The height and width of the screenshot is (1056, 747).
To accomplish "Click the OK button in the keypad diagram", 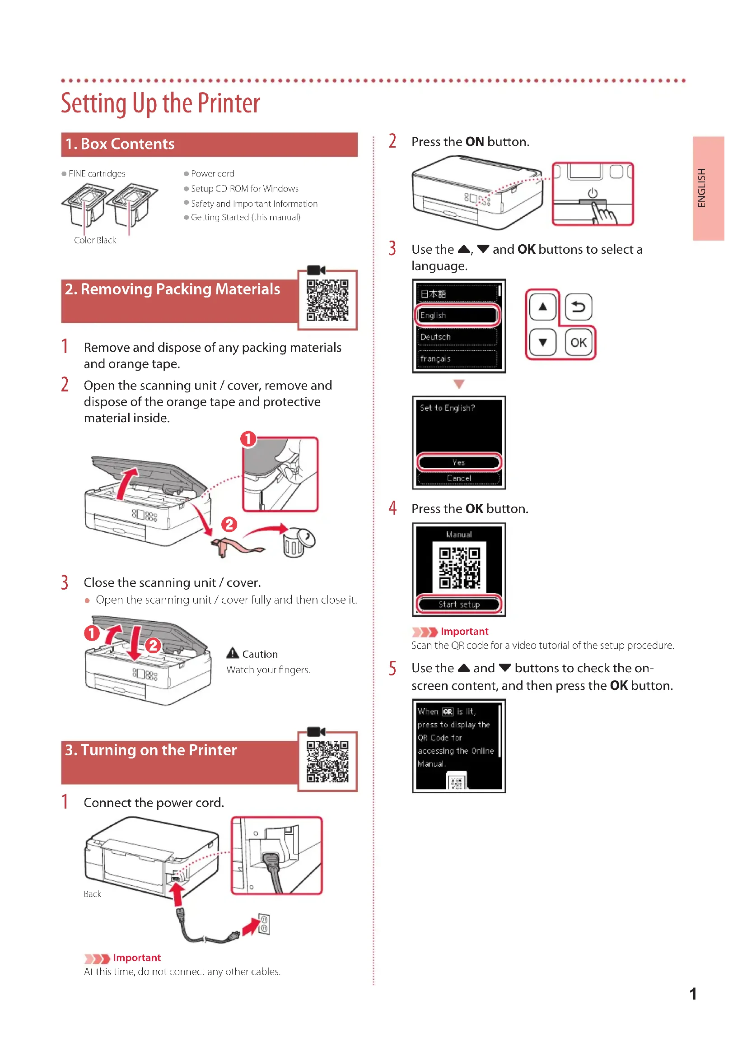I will [x=578, y=343].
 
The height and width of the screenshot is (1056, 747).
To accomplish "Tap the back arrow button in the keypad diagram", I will [x=578, y=306].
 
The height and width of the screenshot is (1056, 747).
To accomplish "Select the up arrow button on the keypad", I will [x=543, y=306].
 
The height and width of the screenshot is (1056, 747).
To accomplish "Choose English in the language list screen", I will [x=457, y=316].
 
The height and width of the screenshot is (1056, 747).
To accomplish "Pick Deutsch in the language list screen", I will [x=457, y=337].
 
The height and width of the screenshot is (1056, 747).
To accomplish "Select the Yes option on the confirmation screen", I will [x=458, y=462].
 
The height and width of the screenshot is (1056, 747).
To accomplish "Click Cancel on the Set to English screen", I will [x=458, y=478].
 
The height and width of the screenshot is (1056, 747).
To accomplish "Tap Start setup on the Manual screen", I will [x=458, y=605].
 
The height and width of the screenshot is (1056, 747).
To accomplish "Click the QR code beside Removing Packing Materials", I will [x=327, y=300].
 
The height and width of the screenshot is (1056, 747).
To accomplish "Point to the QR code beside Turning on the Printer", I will [x=327, y=761].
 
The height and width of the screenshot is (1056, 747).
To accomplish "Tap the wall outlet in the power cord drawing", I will [x=264, y=925].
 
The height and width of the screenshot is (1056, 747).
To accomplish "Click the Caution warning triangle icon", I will [x=233, y=653].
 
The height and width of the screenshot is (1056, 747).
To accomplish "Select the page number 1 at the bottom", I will [x=693, y=994].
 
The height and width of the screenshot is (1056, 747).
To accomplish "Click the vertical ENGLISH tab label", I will [x=701, y=188].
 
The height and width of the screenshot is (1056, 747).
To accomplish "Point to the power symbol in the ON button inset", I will [x=593, y=193].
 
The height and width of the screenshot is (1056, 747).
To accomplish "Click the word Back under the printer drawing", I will [x=92, y=894].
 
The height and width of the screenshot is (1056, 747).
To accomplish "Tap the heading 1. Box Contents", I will [x=120, y=144].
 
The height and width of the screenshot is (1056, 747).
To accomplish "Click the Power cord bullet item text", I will [x=213, y=173].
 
